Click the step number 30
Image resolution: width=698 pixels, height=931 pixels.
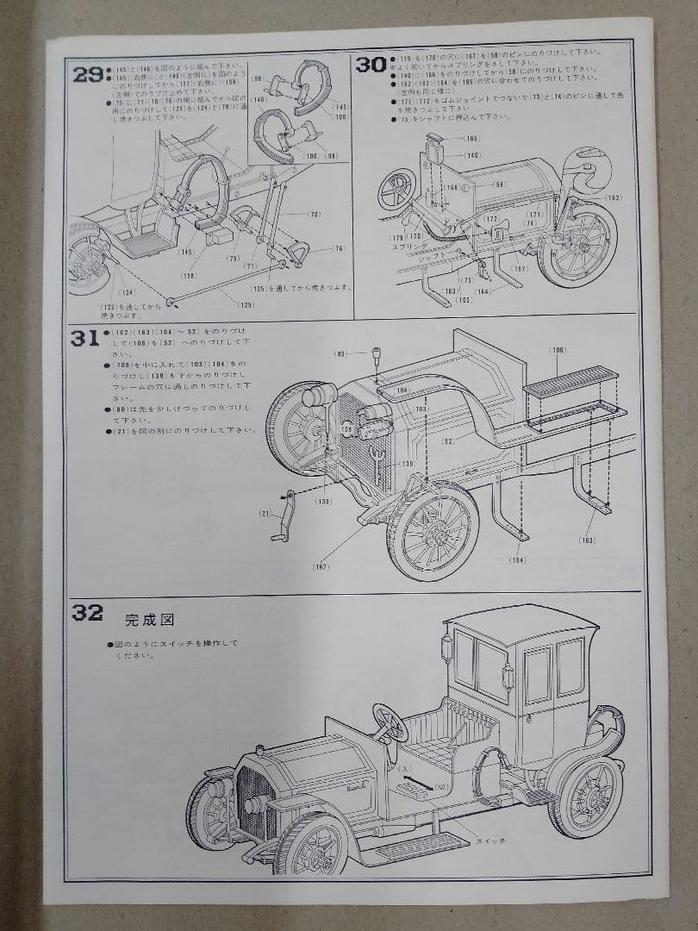(371, 66)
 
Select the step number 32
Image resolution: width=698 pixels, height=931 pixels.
(87, 613)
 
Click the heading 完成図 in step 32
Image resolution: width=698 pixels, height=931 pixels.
(144, 618)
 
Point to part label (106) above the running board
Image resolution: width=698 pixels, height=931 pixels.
(558, 349)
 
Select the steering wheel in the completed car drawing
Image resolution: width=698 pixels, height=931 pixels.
(390, 723)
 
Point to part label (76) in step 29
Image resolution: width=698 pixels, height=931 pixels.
(339, 248)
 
